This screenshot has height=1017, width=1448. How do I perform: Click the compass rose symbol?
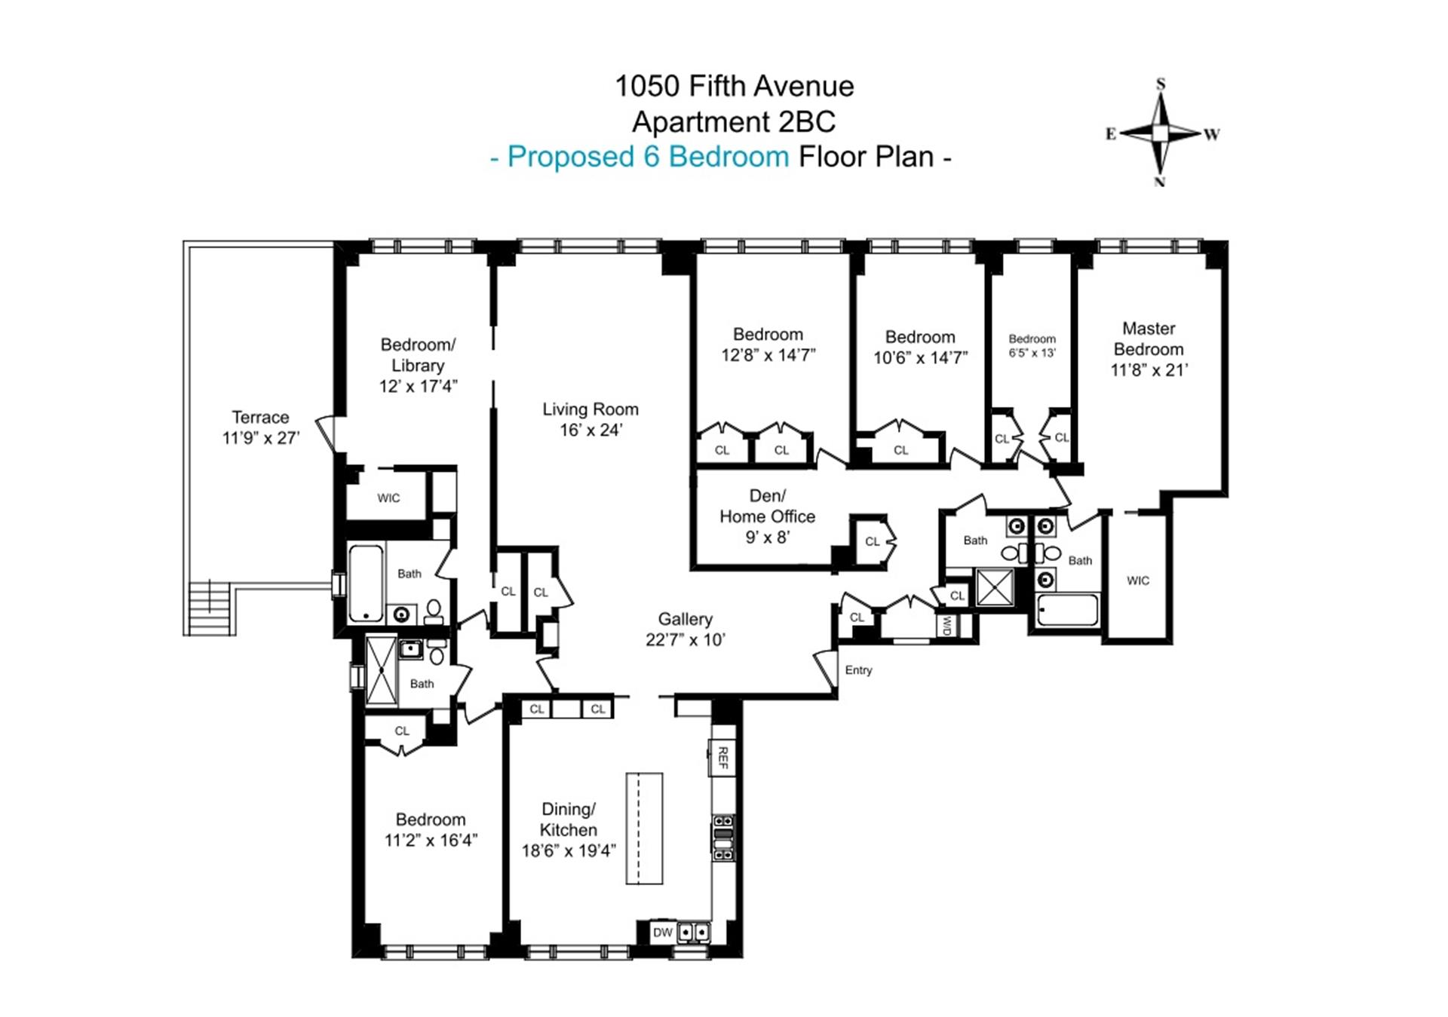point(1161,133)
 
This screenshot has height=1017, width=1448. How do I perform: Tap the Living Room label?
point(591,419)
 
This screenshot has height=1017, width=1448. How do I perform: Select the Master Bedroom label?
point(1149,349)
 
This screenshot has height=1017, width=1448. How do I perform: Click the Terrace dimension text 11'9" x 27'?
point(261,438)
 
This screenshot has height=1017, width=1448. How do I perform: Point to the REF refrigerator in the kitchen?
point(722,758)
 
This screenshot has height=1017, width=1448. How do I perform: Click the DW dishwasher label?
point(662,933)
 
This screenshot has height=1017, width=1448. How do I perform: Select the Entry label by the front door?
point(858,670)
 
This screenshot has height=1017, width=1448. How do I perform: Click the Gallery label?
point(685,619)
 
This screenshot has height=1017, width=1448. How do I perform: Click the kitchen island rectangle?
point(644,828)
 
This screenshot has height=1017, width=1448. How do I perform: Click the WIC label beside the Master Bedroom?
point(1138,580)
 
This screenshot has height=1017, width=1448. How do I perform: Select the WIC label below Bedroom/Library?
point(388,498)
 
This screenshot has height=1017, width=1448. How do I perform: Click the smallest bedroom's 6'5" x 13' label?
point(1032,353)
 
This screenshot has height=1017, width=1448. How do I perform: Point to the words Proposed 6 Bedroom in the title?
point(648,157)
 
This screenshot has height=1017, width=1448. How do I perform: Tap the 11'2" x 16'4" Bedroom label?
point(431,830)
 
